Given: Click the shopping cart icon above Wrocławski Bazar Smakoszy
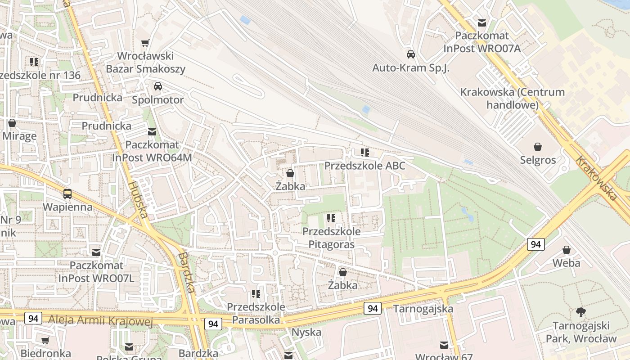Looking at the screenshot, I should tap(145, 43).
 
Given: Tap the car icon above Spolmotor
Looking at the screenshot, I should tap(157, 86).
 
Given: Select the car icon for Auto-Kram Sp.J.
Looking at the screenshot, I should tap(410, 54).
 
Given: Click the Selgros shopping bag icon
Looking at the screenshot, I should tap(537, 147).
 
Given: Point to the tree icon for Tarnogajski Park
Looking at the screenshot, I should tap(580, 312).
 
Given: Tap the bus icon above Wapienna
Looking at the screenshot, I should tap(67, 194).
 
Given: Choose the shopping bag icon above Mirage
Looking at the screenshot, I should tap(12, 123).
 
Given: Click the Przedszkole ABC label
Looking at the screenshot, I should tap(364, 166).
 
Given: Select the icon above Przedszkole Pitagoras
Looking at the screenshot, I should tap(331, 219).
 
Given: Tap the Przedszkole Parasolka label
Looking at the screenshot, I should tap(256, 313).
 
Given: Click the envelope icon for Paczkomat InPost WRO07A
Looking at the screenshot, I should tap(482, 23).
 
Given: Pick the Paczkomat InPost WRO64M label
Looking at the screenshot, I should tap(152, 151).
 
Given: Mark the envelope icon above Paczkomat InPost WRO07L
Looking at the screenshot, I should tap(96, 252).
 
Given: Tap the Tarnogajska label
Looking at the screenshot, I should tap(423, 309).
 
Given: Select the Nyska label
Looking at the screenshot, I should tap(306, 333).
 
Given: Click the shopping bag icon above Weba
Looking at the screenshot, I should tap(567, 250).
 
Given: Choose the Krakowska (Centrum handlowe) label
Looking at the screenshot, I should tap(512, 99).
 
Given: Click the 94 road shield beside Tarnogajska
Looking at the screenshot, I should tap(372, 308).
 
